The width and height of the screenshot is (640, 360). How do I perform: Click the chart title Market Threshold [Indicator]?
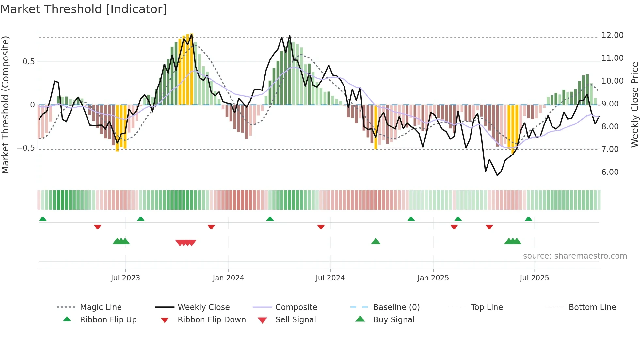[x=84, y=9]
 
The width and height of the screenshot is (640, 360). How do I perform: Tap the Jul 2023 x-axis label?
[x=125, y=278]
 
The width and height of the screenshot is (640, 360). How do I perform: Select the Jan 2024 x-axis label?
[x=228, y=278]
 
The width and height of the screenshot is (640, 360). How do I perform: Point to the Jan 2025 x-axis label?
[x=433, y=278]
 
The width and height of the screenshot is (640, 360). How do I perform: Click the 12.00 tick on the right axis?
[x=612, y=35]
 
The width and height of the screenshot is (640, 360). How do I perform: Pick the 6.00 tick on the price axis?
[x=610, y=172]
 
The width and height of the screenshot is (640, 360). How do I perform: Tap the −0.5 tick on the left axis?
[x=26, y=148]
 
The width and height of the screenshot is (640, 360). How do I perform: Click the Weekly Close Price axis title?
[x=634, y=105]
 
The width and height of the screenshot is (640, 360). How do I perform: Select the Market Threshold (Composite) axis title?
[x=5, y=105]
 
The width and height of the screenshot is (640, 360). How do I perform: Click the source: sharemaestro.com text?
[x=575, y=256]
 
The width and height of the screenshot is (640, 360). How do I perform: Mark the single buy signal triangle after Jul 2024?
[x=376, y=241]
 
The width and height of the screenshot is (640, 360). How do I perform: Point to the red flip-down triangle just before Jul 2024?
[x=321, y=227]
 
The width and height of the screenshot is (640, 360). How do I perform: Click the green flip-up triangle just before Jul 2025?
[x=529, y=219]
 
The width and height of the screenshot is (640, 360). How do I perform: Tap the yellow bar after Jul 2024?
[x=376, y=127]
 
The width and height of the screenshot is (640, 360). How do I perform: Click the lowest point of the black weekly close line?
[x=497, y=176]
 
